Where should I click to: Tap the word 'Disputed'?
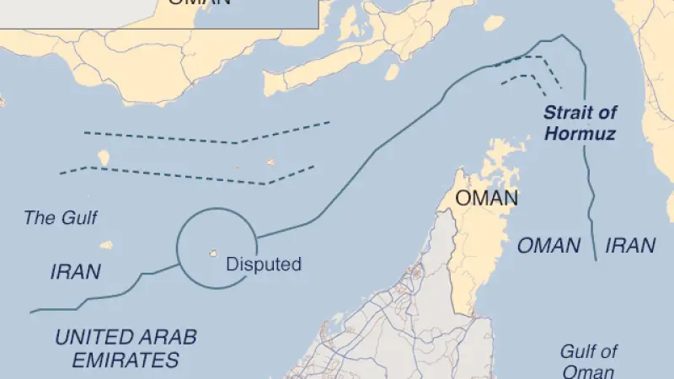(264, 264)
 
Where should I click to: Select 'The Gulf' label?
(60, 218)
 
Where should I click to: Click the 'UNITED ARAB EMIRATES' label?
(126, 349)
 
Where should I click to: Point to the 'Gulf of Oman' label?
(589, 361)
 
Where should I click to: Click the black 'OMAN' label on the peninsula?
(486, 199)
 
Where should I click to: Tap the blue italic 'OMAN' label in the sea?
(548, 246)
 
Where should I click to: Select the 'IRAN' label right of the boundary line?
(631, 246)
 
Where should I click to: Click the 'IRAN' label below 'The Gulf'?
(76, 272)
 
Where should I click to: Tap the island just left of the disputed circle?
(106, 246)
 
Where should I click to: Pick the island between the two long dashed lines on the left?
(104, 157)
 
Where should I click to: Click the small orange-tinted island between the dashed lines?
(270, 163)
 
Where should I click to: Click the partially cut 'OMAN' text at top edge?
(199, 3)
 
